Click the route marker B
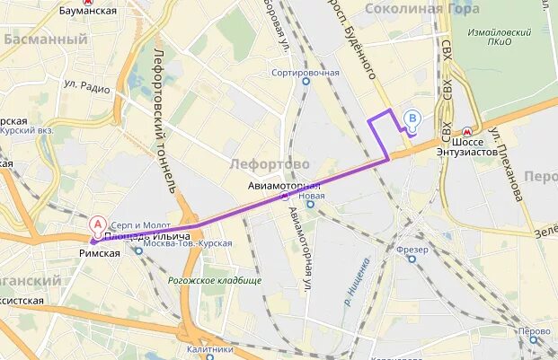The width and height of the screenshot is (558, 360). coord(412,118)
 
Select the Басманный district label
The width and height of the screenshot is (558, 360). coord(45,40)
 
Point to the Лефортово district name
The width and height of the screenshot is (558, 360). coord(270,164)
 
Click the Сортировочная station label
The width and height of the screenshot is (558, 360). coord(306,73)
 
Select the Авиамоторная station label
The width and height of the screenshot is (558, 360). coord(284,186)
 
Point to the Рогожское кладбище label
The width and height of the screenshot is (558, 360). coord(215,280)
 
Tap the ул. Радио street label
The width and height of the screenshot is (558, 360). coord(86,86)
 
